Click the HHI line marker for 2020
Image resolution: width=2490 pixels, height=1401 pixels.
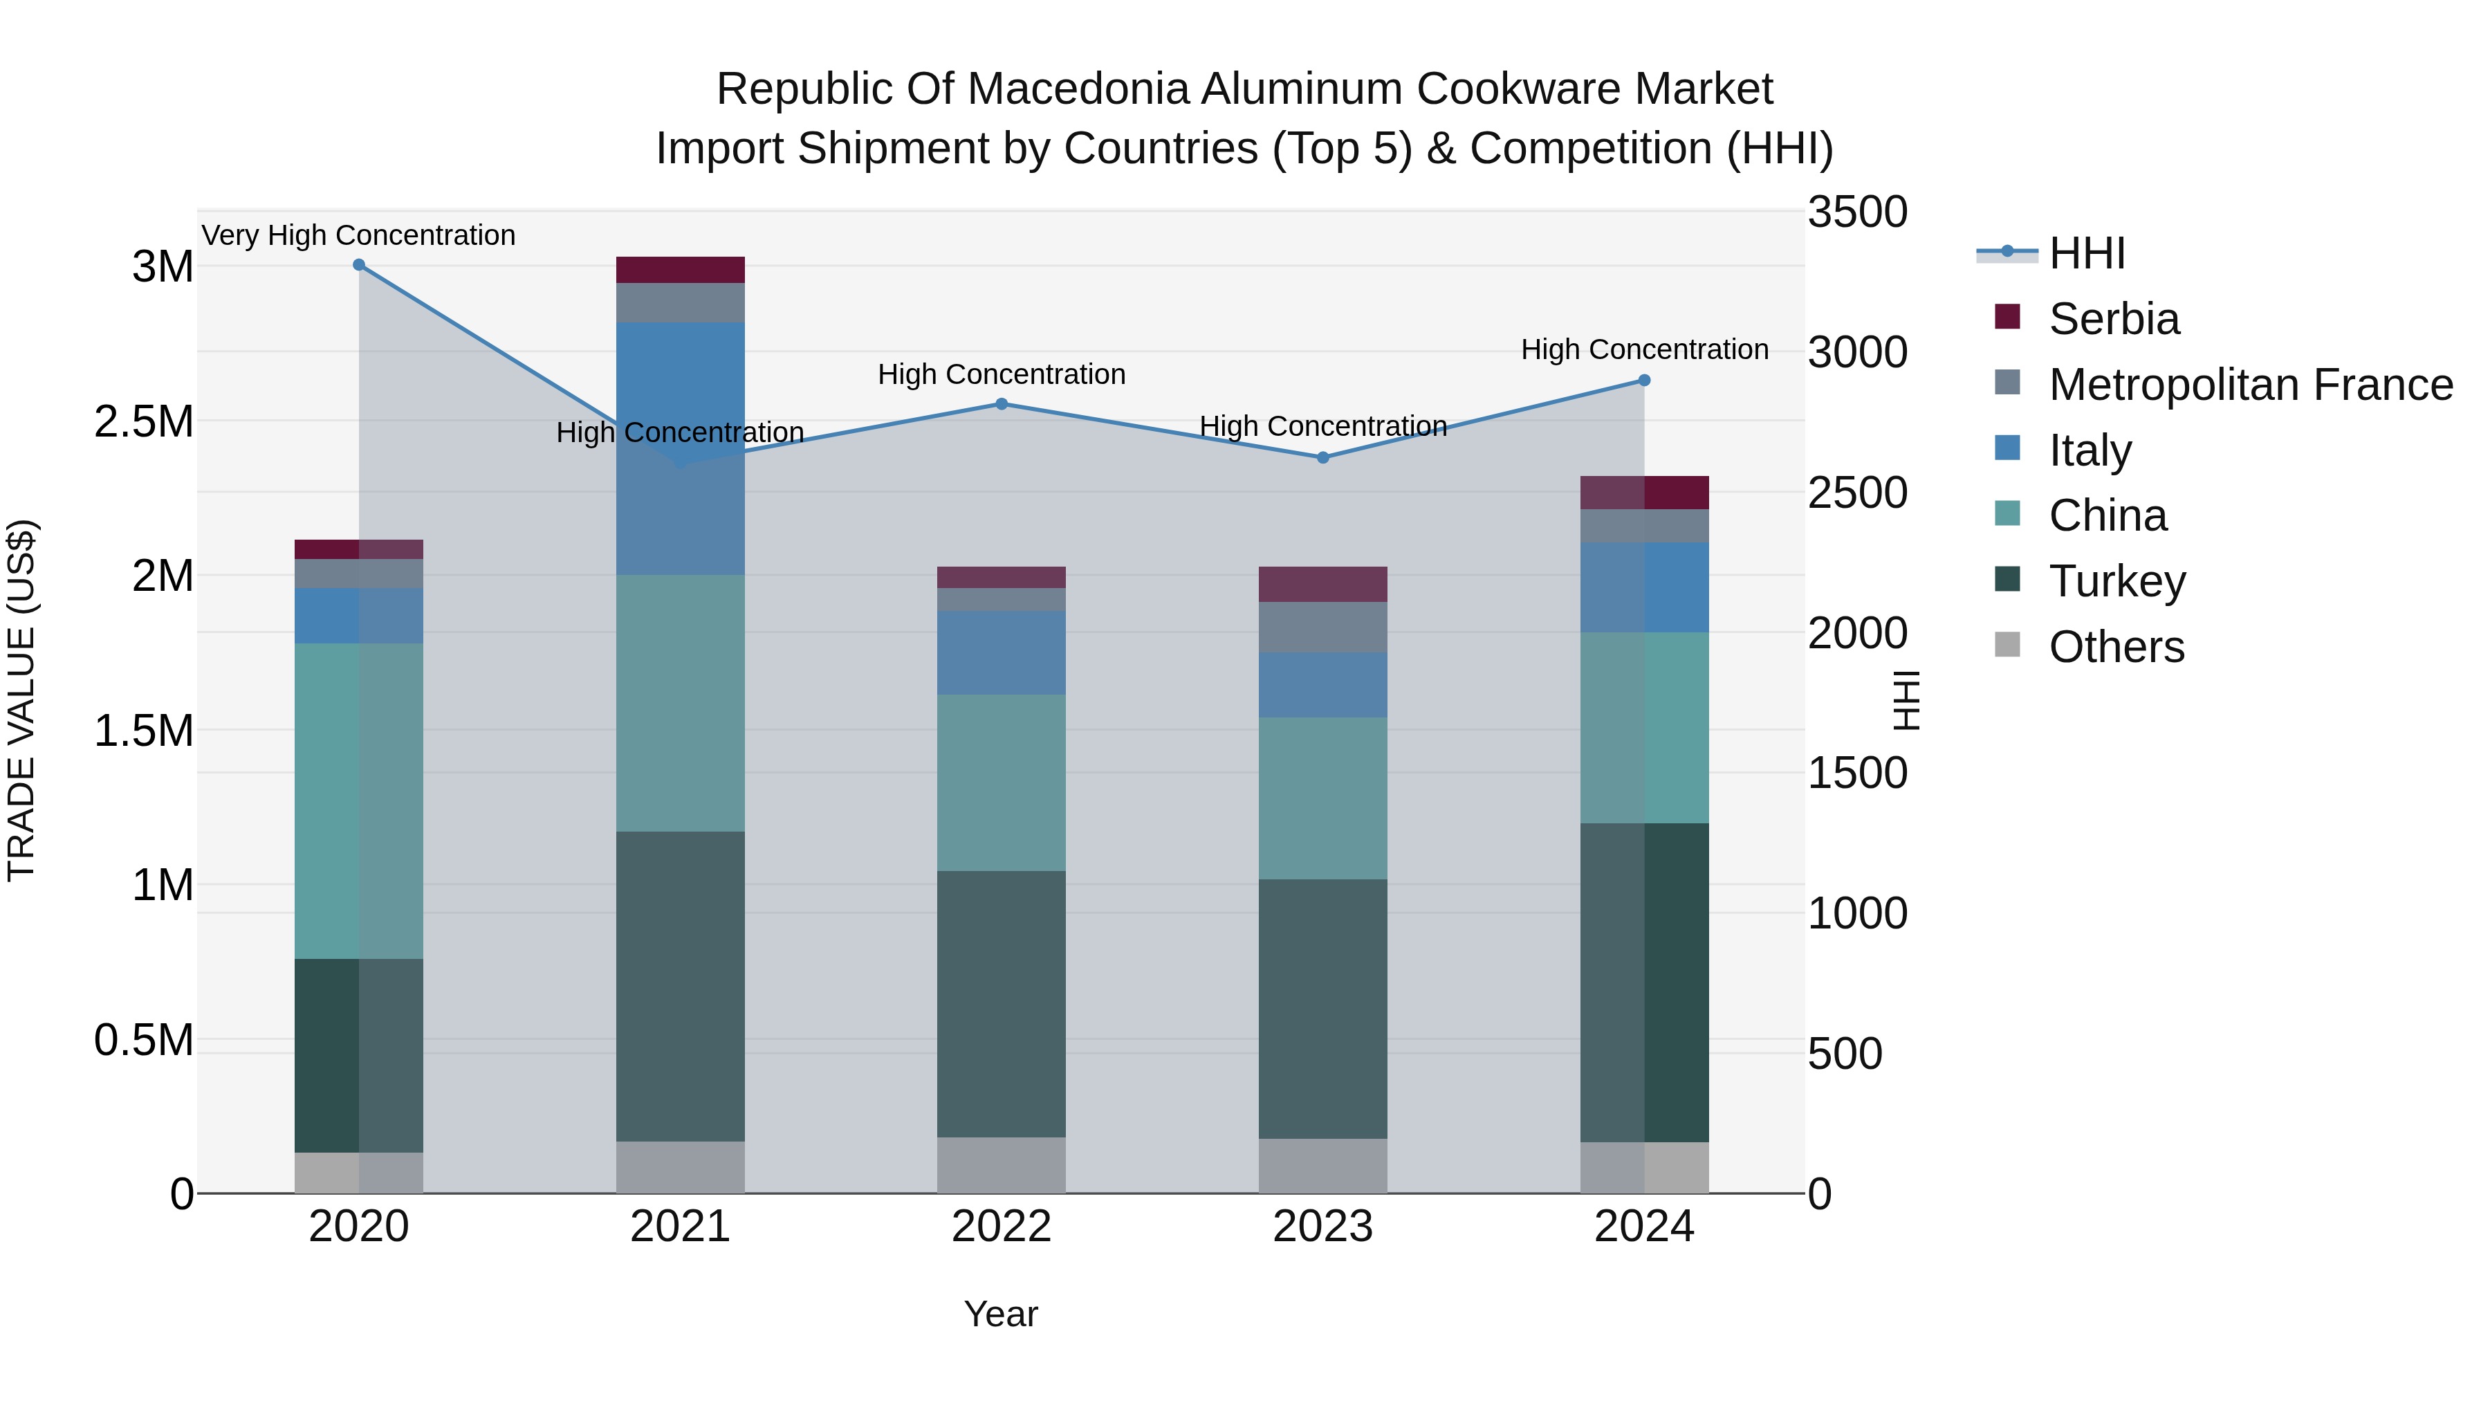pos(358,265)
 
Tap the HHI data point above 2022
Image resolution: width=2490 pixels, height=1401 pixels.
pos(1002,404)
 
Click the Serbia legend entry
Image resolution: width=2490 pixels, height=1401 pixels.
pos(2114,319)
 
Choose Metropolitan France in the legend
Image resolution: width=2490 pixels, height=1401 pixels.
pos(2250,385)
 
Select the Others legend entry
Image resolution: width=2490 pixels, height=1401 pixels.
pos(2116,647)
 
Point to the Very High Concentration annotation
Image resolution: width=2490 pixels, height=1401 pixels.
pos(358,235)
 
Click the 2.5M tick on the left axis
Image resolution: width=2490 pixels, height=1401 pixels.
pos(143,421)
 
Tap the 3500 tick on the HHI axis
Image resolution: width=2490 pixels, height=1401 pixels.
pos(1857,212)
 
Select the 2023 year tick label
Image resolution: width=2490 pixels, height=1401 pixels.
pos(1322,1227)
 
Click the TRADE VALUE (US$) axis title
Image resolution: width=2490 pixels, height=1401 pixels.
pos(22,700)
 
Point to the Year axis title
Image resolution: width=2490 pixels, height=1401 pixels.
pos(1000,1314)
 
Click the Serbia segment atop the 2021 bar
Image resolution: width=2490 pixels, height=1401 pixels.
pos(681,270)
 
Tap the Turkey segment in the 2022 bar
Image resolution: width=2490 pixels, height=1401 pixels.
pos(1002,1004)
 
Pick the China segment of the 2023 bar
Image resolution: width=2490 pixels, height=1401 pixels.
pos(1322,798)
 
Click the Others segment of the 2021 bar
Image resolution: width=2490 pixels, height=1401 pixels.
pos(681,1167)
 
